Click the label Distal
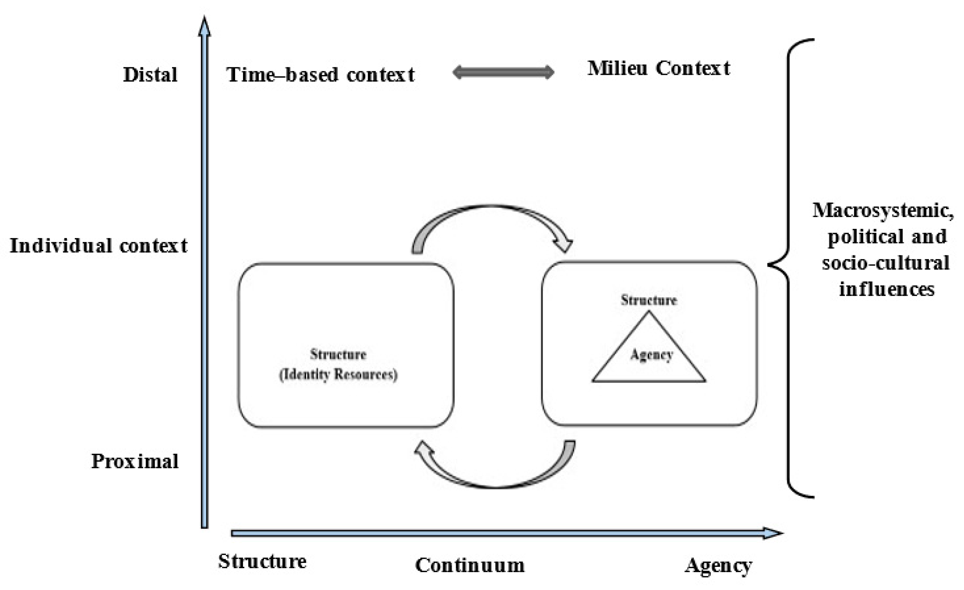point(150,75)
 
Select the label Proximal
point(135,461)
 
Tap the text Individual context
point(99,246)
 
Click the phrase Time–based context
point(320,75)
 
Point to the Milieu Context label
point(659,68)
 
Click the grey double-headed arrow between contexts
point(503,72)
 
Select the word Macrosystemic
point(883,210)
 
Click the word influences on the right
point(887,289)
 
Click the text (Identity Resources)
point(338,375)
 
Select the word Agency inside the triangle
point(652,355)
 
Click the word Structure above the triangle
point(649,300)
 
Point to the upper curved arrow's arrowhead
point(563,245)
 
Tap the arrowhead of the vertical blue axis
point(204,27)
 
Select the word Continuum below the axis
point(470,565)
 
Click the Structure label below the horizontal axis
point(262,561)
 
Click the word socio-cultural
point(886,263)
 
